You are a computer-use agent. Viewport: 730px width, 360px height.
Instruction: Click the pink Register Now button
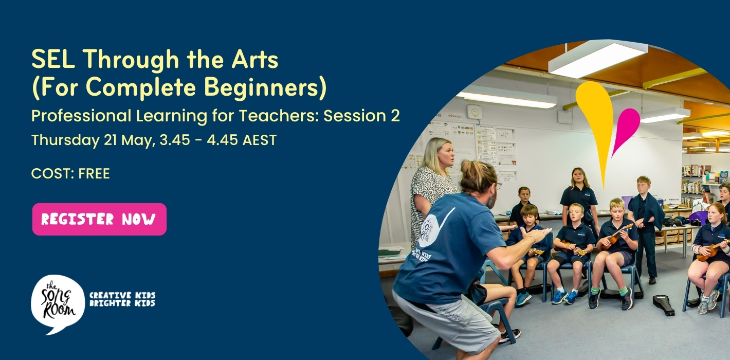click(99, 220)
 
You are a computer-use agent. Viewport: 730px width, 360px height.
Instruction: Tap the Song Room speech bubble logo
click(58, 303)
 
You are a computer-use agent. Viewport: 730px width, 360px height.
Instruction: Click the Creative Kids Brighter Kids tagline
click(122, 299)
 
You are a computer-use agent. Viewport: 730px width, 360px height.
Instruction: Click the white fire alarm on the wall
click(473, 111)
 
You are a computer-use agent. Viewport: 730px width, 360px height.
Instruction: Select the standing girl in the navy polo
click(579, 198)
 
